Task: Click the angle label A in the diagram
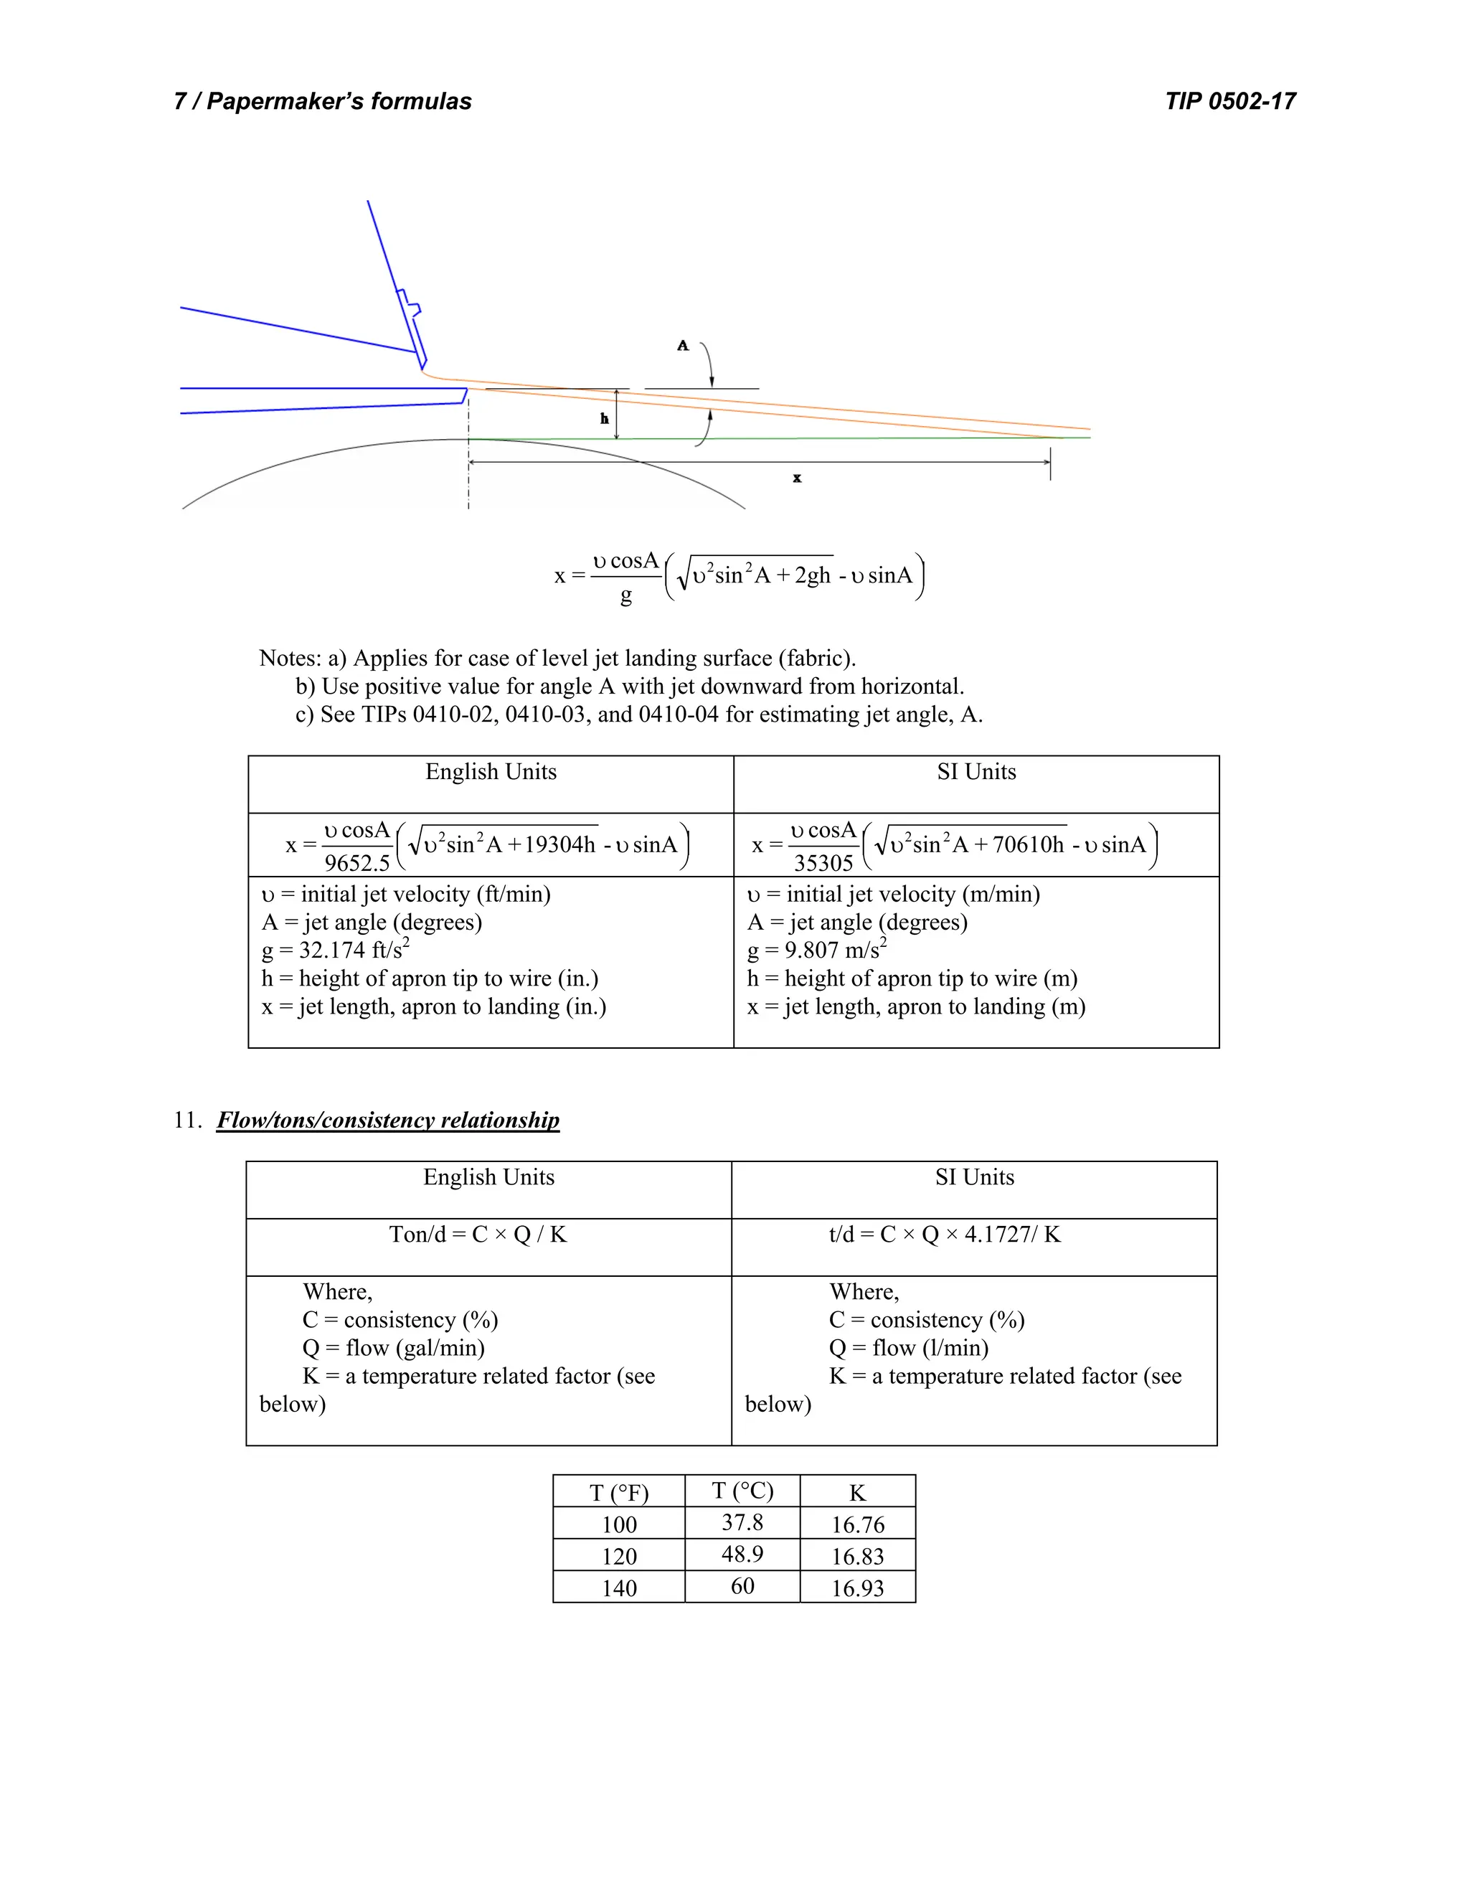(x=682, y=346)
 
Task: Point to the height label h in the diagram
(x=604, y=419)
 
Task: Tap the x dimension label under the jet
(x=796, y=478)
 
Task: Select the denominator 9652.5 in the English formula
(x=356, y=864)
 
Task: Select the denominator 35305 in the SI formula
(x=823, y=864)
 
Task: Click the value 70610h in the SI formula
(x=1028, y=844)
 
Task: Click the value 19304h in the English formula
(x=559, y=844)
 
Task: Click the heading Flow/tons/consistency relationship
(x=388, y=1121)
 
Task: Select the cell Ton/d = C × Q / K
(x=478, y=1235)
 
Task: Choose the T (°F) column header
(x=619, y=1493)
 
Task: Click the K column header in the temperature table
(x=857, y=1493)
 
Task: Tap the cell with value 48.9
(x=742, y=1555)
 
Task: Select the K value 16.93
(x=857, y=1588)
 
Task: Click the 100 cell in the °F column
(x=619, y=1524)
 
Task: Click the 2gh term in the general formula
(x=812, y=575)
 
